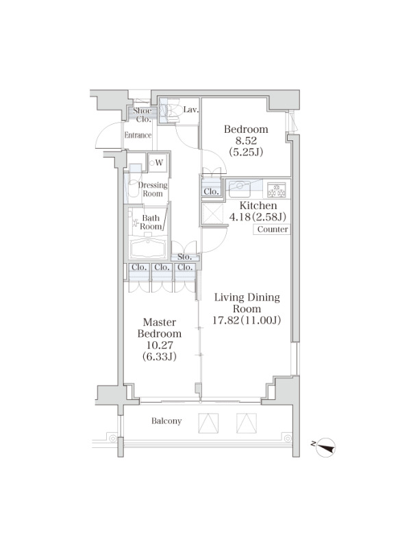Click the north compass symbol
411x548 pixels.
pyautogui.click(x=325, y=447)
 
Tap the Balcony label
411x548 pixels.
pyautogui.click(x=166, y=421)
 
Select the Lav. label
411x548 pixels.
pyautogui.click(x=191, y=110)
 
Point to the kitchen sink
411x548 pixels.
pyautogui.click(x=239, y=188)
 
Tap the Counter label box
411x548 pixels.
pyautogui.click(x=272, y=229)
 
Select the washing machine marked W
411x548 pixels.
pyautogui.click(x=158, y=162)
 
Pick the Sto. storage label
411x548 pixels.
pyautogui.click(x=184, y=257)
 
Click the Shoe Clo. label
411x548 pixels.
pyautogui.click(x=142, y=114)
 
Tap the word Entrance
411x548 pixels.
pyautogui.click(x=138, y=135)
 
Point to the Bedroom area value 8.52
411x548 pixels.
pyautogui.click(x=246, y=140)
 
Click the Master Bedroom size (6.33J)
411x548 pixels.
pyautogui.click(x=159, y=356)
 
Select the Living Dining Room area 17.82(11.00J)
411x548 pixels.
pyautogui.click(x=247, y=320)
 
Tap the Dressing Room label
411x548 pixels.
pyautogui.click(x=153, y=189)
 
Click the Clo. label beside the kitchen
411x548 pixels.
pyautogui.click(x=211, y=192)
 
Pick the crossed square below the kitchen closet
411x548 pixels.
pyautogui.click(x=213, y=212)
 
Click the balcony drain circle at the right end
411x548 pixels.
pyautogui.click(x=287, y=438)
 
